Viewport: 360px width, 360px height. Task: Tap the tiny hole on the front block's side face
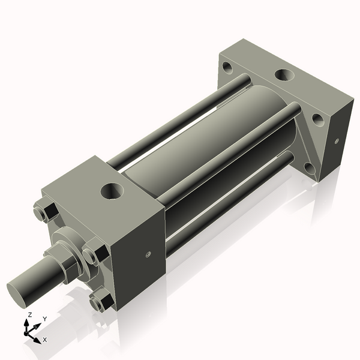tap(148, 254)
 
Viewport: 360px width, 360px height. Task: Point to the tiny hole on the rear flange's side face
tap(336, 142)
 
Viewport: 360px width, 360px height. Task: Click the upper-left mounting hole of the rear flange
tap(226, 65)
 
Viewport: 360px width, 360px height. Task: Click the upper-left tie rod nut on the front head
tap(43, 213)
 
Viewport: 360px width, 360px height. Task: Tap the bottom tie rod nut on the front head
tap(98, 300)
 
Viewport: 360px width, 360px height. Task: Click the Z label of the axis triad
tap(30, 315)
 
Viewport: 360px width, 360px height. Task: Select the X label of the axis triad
tap(45, 340)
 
